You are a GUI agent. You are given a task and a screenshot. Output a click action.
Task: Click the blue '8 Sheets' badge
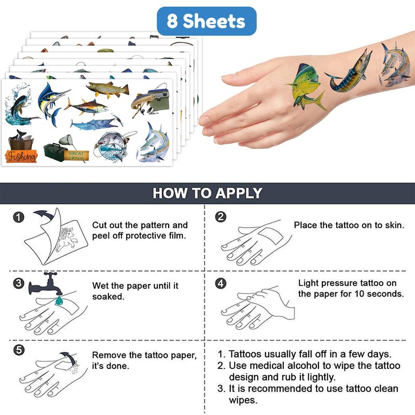[x=206, y=21]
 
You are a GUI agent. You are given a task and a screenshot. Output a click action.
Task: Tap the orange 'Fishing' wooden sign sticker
[x=21, y=156]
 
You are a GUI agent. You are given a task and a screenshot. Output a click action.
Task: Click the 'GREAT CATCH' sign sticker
[x=76, y=156]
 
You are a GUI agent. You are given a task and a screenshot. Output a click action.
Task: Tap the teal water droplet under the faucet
[x=59, y=300]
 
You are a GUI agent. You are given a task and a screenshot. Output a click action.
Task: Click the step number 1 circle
[x=19, y=217]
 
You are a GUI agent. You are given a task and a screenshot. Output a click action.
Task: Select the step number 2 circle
[x=221, y=217]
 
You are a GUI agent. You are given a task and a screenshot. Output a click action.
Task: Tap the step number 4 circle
[x=221, y=283]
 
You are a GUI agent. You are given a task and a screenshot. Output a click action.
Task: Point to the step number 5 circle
[x=19, y=350]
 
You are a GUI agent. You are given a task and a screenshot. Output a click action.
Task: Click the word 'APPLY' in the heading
[x=239, y=193]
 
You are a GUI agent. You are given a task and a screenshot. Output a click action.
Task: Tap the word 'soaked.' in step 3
[x=108, y=297]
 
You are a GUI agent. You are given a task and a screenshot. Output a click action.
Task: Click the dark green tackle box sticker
[x=55, y=152]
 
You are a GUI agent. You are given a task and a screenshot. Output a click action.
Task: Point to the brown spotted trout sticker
[x=108, y=89]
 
